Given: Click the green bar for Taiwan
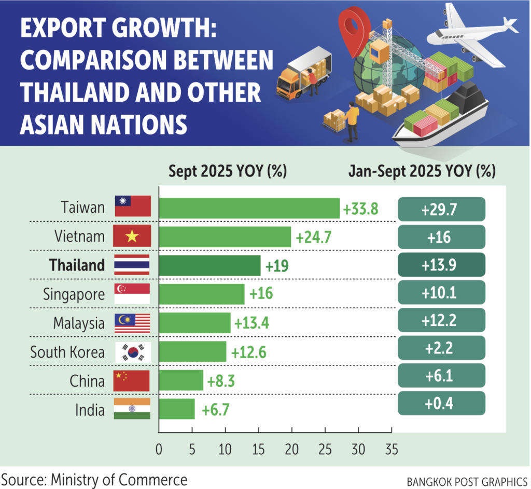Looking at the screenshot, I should click(x=249, y=208).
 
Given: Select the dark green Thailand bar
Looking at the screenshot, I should click(x=209, y=266).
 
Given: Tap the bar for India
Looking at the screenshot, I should click(x=176, y=409).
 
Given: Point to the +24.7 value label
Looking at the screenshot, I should click(x=313, y=238).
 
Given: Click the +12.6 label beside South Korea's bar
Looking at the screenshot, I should click(x=248, y=352).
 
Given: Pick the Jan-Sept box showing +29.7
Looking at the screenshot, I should click(x=441, y=209).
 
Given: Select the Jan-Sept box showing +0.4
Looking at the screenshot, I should click(x=441, y=403).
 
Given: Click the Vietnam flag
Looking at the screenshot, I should click(x=132, y=237).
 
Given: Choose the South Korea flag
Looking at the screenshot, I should click(x=132, y=352).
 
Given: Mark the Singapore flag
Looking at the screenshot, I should click(x=132, y=294).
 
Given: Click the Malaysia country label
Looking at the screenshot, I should click(x=79, y=323).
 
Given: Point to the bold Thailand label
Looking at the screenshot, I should click(x=77, y=266).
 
